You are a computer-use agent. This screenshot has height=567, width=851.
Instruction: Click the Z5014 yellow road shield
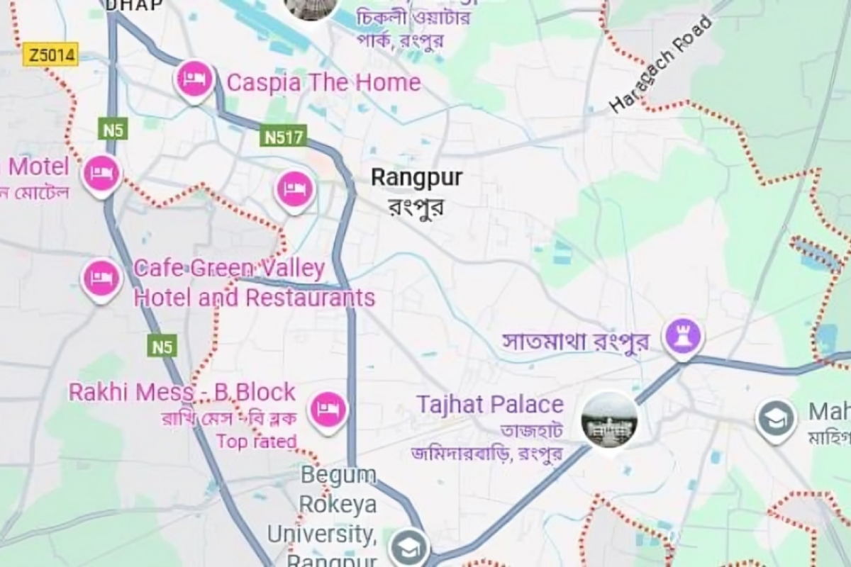(50, 55)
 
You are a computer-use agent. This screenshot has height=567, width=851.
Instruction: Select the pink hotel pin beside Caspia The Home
(194, 78)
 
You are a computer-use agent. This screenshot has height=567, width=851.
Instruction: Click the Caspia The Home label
(323, 83)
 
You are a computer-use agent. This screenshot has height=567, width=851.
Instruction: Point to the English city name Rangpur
(416, 177)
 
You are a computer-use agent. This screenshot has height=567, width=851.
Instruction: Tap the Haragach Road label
(661, 65)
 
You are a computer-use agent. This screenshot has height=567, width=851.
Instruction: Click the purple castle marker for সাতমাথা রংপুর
(682, 336)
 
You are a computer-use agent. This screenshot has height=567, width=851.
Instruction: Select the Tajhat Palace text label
(490, 405)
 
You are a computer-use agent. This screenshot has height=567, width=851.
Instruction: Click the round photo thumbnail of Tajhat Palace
(609, 420)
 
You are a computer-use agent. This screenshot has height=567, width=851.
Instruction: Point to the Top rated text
(256, 442)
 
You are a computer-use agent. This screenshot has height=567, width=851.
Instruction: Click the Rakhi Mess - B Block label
(182, 392)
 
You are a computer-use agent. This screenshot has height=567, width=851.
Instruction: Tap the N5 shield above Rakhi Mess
(162, 347)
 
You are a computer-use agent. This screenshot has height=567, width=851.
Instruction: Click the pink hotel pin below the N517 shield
(294, 189)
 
